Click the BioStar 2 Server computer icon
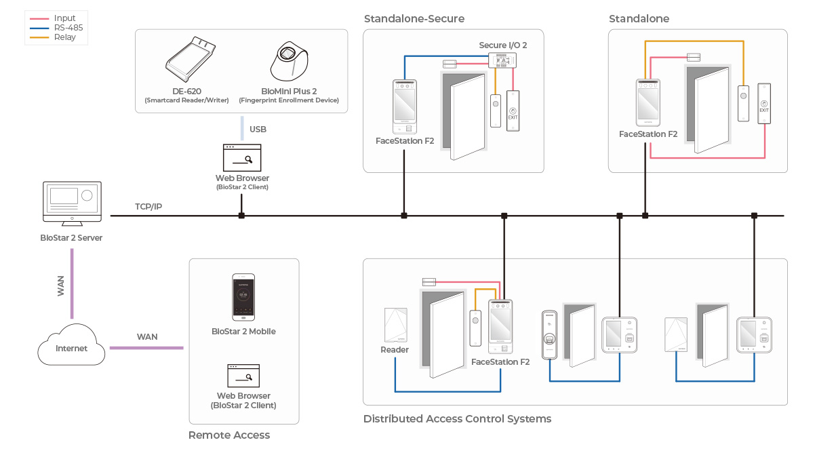72,203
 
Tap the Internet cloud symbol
71,344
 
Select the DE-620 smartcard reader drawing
191,59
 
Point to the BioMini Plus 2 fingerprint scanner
290,61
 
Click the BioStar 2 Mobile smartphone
243,297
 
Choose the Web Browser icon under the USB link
242,157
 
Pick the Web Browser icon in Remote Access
243,376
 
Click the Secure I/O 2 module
502,60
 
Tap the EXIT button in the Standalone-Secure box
513,111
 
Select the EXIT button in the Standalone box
764,104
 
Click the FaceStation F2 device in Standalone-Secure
405,106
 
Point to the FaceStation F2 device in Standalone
648,102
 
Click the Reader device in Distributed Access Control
395,325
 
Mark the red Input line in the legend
39,18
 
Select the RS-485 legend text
68,28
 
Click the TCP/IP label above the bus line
148,207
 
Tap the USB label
258,129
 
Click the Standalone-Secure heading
414,18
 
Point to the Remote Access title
229,435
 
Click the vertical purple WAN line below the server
72,284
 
